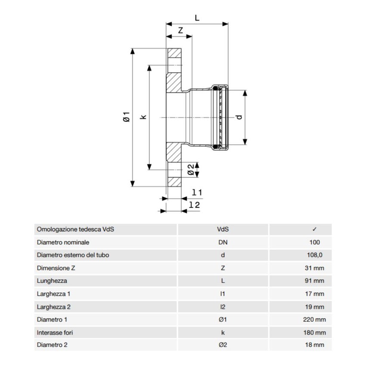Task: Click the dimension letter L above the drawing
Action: coord(197,18)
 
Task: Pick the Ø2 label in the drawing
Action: coord(190,170)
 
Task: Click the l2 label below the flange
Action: coord(195,205)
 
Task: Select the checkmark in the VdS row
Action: coord(314,230)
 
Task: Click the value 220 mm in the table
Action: coord(314,319)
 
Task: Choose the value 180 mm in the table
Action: coord(314,332)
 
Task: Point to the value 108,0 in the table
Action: coord(314,255)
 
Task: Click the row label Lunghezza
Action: coord(52,281)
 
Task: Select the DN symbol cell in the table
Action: coord(223,242)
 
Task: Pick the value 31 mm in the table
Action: coord(314,268)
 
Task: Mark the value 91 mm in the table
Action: coord(314,281)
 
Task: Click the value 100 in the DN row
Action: coord(314,242)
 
